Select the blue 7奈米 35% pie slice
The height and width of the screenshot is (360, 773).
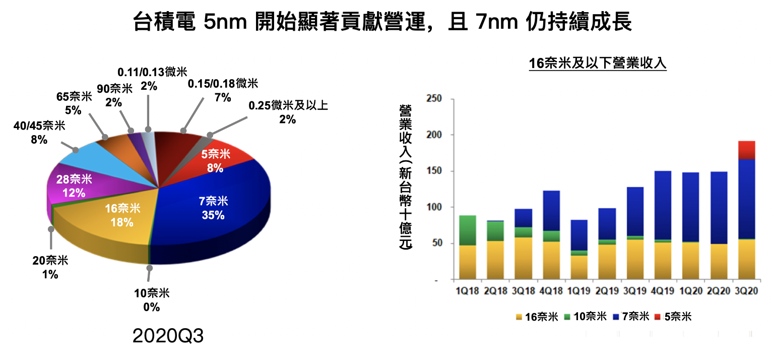coord(214,208)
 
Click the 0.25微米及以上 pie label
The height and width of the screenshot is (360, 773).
coord(288,112)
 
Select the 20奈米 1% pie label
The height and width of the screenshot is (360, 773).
coord(49,267)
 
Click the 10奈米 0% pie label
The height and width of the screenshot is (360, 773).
coord(151,299)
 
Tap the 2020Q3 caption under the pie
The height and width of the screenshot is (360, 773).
coord(168,336)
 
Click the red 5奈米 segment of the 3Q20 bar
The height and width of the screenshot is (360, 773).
coord(746,150)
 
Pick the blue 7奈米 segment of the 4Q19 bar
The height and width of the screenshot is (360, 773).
coord(663,205)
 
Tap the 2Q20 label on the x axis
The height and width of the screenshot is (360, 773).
coord(719,291)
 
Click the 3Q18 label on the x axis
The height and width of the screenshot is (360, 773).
coord(523,291)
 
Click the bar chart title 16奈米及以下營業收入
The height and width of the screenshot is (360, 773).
coord(598,64)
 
